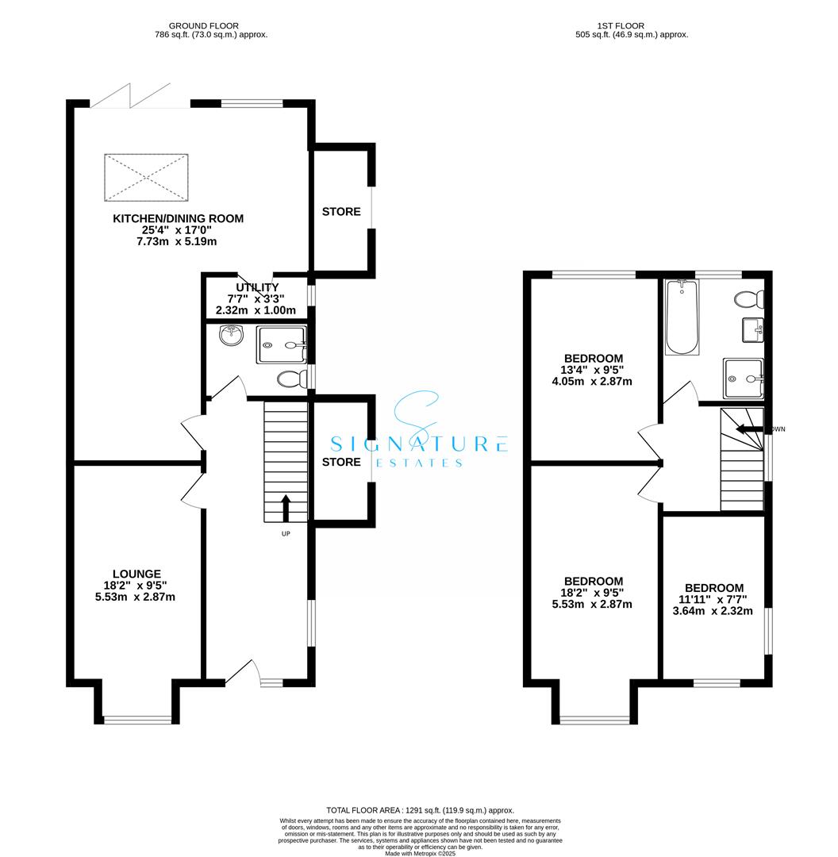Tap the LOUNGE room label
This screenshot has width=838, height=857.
pyautogui.click(x=137, y=574)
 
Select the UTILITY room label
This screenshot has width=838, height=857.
pyautogui.click(x=256, y=287)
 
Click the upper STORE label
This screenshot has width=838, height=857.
pyautogui.click(x=341, y=212)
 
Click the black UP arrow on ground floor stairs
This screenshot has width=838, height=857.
pyautogui.click(x=286, y=506)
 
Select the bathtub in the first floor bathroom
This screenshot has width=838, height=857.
pyautogui.click(x=682, y=317)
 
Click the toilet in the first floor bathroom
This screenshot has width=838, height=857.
pyautogui.click(x=749, y=299)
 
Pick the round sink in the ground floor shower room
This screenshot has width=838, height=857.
pyautogui.click(x=232, y=336)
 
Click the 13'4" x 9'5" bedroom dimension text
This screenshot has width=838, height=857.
pyautogui.click(x=594, y=370)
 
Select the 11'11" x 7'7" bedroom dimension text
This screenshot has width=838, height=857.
pyautogui.click(x=714, y=600)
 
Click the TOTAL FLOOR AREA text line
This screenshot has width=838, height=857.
pyautogui.click(x=418, y=810)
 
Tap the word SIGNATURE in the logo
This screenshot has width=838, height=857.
pyautogui.click(x=418, y=444)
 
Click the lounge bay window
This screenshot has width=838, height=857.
pyautogui.click(x=137, y=720)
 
